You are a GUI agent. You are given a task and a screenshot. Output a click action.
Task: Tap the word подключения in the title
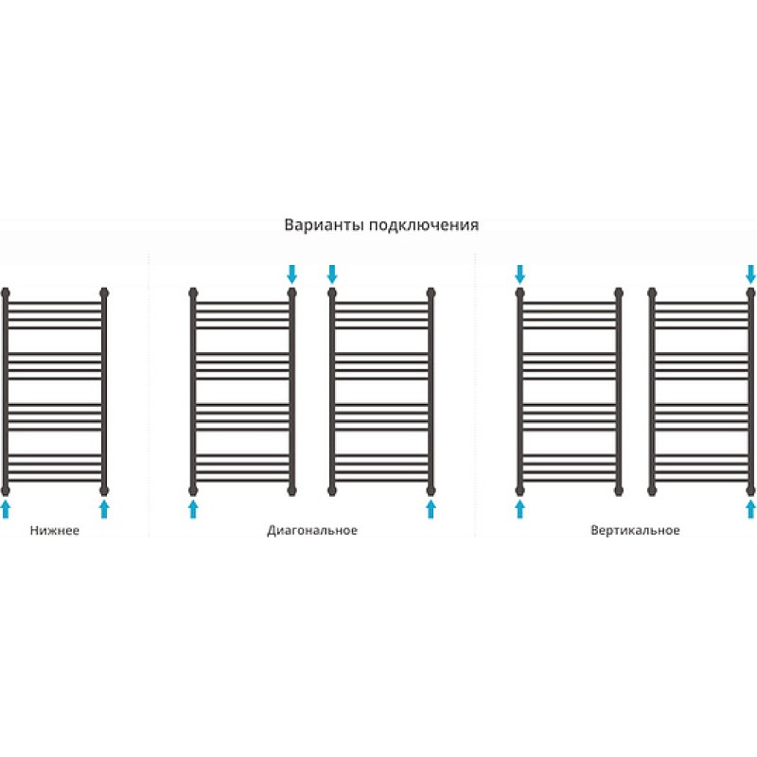[x=423, y=226]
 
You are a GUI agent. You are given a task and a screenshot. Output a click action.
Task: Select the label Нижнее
[x=55, y=530]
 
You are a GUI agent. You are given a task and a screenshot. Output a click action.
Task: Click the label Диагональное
[x=312, y=531]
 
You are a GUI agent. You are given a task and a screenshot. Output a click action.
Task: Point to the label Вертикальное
[x=635, y=531]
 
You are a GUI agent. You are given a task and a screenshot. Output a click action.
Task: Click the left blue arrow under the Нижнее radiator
[x=6, y=509]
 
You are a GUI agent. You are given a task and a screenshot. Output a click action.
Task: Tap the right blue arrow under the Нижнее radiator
[x=104, y=509]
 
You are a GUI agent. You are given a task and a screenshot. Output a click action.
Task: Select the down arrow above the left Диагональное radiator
[x=291, y=273]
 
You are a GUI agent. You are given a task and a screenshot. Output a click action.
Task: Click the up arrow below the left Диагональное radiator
[x=193, y=509]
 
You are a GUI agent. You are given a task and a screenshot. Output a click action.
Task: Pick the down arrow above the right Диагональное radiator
[x=332, y=273]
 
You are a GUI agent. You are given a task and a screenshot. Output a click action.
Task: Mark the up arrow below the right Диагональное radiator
[x=431, y=509]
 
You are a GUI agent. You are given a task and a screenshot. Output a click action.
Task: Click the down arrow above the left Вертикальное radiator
[x=519, y=273]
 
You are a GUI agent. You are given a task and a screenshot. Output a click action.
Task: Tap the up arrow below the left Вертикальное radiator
[x=519, y=509]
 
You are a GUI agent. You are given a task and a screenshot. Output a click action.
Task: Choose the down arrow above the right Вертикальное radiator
[x=750, y=273]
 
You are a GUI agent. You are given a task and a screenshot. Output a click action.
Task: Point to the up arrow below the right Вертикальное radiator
[x=750, y=509]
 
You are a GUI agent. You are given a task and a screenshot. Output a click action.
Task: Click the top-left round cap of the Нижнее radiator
[x=6, y=292]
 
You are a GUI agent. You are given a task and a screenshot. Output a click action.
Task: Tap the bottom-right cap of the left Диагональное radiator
[x=291, y=491]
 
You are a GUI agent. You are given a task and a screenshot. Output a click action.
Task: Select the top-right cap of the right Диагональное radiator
[x=431, y=292]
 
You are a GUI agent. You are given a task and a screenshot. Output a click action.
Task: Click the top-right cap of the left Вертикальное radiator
[x=619, y=292]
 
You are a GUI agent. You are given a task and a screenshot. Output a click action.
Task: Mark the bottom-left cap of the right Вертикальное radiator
[x=652, y=491]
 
